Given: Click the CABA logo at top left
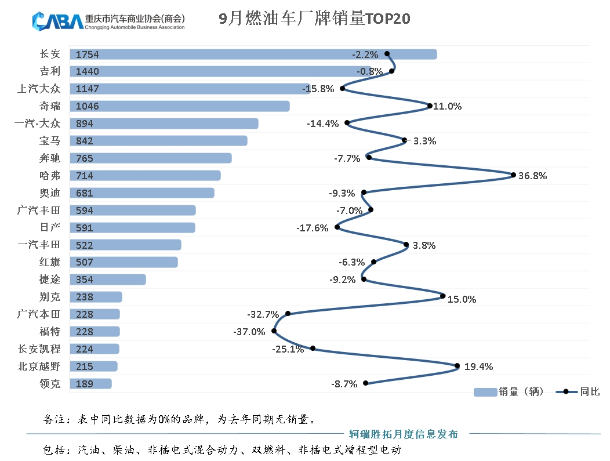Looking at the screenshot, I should point(58,21).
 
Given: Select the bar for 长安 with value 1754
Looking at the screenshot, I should point(253,54).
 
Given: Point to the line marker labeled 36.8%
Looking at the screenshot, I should point(513,175).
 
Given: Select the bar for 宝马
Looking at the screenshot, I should point(158,141).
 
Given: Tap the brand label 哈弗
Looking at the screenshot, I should point(49,176).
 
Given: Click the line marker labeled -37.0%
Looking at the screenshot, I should point(274,331).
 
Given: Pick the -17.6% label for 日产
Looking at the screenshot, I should point(312,228).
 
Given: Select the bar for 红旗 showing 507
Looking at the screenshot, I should point(124,262).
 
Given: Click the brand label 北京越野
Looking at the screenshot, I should point(39,366).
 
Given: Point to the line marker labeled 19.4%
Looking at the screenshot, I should point(457,366).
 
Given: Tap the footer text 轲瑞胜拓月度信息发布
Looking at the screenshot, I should point(404,434).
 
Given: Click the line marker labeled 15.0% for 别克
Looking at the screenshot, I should point(443,296).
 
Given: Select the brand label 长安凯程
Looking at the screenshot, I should point(39,349).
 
